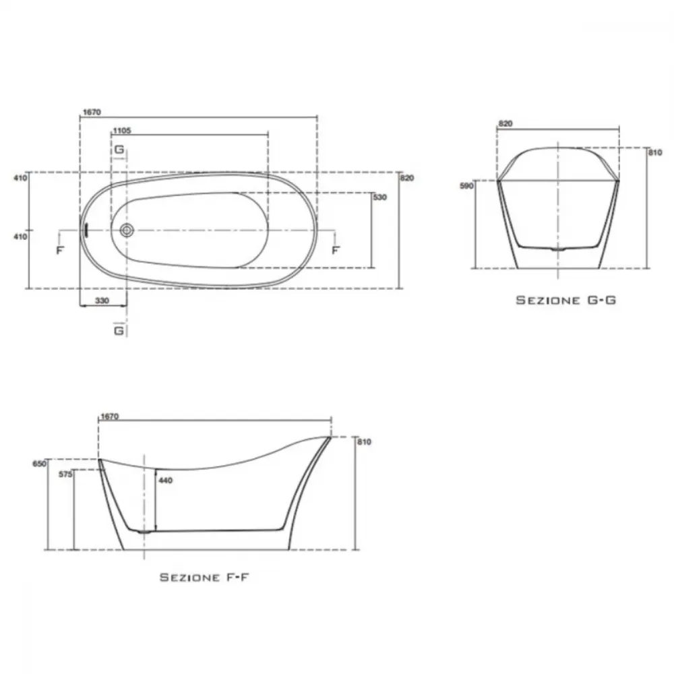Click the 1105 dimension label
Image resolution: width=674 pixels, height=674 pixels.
(122, 131)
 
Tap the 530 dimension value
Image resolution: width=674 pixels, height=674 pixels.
(380, 197)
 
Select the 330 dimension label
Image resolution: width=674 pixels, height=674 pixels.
(102, 301)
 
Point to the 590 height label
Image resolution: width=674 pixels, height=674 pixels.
(466, 186)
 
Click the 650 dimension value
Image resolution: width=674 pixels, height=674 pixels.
(39, 464)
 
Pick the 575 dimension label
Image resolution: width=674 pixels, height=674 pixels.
(65, 475)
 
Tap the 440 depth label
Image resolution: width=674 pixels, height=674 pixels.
(166, 480)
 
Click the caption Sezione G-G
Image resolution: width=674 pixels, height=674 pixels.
(565, 300)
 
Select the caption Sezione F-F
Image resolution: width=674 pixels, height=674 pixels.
(204, 578)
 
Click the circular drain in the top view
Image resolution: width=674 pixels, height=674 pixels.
(127, 231)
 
